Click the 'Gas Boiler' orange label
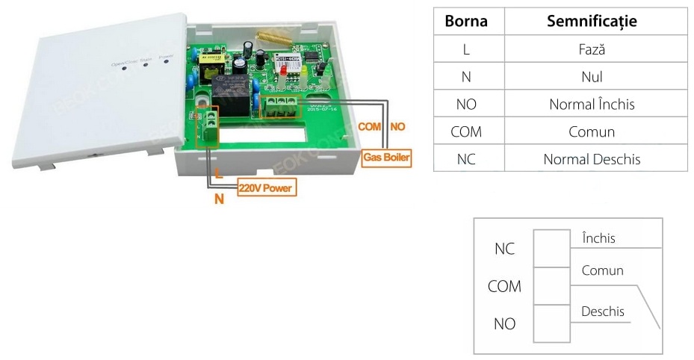click(387, 158)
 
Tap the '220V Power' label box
click(266, 188)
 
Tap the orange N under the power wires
click(220, 199)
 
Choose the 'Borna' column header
click(466, 21)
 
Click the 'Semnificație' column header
click(592, 21)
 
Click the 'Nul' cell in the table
click(592, 76)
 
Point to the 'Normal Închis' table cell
click(592, 104)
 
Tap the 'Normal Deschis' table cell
click(592, 158)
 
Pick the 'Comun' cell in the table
click(592, 131)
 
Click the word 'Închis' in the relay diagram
click(598, 238)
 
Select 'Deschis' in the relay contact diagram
click(603, 311)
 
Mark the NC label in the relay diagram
click(504, 249)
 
